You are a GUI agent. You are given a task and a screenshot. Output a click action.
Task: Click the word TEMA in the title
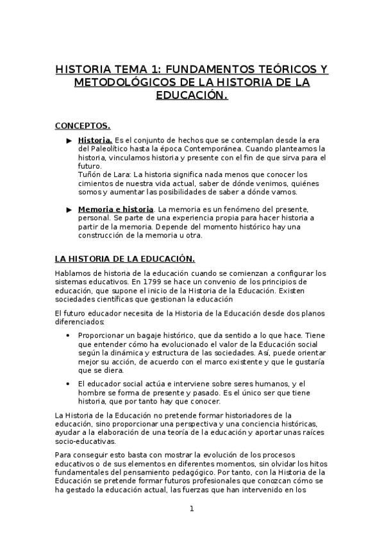(119, 69)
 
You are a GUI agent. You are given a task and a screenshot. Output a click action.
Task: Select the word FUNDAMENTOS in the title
(197, 69)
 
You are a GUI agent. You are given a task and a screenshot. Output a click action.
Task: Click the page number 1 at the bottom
(191, 509)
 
